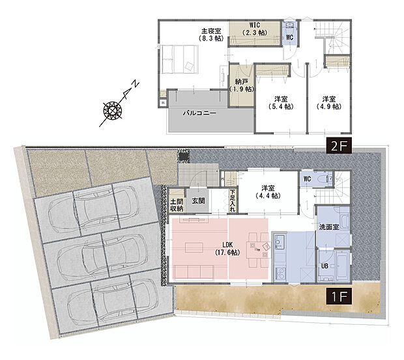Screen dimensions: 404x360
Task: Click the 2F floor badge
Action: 339,146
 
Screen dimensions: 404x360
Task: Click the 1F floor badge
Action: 339,296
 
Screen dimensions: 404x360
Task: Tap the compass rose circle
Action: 113,111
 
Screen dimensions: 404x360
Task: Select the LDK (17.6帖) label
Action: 227,249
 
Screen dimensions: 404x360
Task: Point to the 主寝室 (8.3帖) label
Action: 211,35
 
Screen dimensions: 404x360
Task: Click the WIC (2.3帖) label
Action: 255,29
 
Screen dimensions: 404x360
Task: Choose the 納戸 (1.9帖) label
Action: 242,86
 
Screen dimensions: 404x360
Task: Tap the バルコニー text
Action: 199,113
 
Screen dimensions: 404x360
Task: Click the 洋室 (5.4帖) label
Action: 281,103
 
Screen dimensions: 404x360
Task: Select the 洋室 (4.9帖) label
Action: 329,103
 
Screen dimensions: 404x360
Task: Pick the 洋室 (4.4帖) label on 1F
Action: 268,191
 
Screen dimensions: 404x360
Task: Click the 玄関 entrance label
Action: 198,201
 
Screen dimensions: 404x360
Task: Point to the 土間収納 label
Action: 177,205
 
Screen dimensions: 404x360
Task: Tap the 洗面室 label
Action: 329,227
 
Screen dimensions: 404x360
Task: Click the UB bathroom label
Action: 325,266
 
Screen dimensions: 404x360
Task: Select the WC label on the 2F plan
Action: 289,37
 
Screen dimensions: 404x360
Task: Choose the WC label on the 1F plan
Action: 307,179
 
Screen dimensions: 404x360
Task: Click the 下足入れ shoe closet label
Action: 233,201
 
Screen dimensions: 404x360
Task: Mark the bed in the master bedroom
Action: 180,59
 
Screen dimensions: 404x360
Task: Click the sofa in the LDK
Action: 194,273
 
